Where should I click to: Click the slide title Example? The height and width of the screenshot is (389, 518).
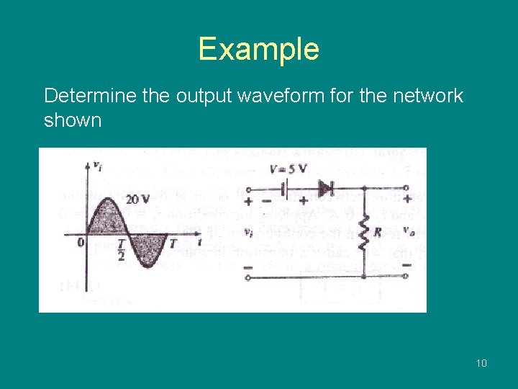258,49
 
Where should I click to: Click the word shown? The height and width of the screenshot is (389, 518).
73,120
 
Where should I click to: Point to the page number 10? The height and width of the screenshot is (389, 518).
481,362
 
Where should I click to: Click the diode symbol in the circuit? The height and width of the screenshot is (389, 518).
326,189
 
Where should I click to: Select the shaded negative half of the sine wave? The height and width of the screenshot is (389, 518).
147,249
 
